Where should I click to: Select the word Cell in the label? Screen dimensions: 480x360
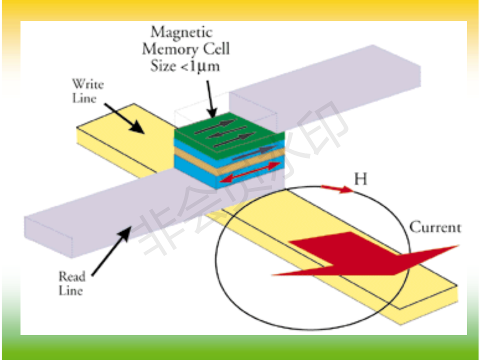(216, 49)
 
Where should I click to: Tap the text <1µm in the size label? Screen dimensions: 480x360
(200, 66)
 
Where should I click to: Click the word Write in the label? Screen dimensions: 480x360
(88, 84)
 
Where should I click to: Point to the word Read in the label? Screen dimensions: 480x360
(72, 276)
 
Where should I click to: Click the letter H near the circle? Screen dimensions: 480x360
(360, 179)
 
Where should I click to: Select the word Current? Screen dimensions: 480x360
(435, 227)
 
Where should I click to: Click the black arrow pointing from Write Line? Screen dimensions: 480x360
(124, 118)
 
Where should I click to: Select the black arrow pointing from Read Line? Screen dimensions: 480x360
(111, 251)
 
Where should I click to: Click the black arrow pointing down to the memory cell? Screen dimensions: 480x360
(211, 99)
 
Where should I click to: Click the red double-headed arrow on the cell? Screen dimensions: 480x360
(250, 172)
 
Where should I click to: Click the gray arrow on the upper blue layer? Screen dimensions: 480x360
(254, 153)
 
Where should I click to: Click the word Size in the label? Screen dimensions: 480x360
(163, 66)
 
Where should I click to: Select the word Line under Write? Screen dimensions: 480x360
(84, 98)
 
